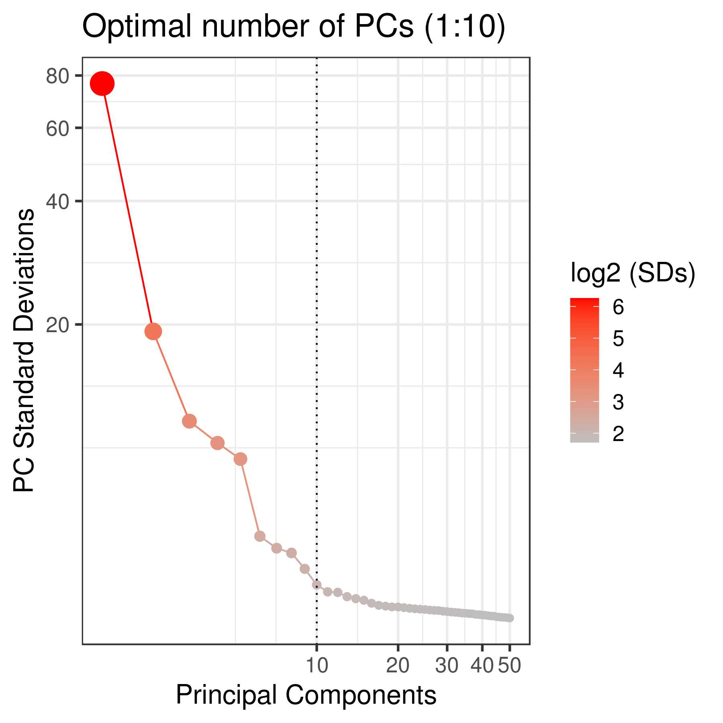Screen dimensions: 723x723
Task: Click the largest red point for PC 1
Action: [x=102, y=84]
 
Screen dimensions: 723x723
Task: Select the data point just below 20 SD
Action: [x=153, y=331]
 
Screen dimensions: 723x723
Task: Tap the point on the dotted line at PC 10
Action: [x=317, y=585]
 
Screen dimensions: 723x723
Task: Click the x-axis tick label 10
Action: [x=317, y=666]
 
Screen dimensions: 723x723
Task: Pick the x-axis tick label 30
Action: [x=447, y=666]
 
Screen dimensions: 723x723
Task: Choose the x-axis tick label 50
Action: [x=510, y=666]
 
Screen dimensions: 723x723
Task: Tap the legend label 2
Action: [x=618, y=434]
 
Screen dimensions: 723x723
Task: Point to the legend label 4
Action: [x=618, y=371]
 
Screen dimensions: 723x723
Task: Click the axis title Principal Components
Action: [x=306, y=695]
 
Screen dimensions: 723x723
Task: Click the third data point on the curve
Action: [x=189, y=421]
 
